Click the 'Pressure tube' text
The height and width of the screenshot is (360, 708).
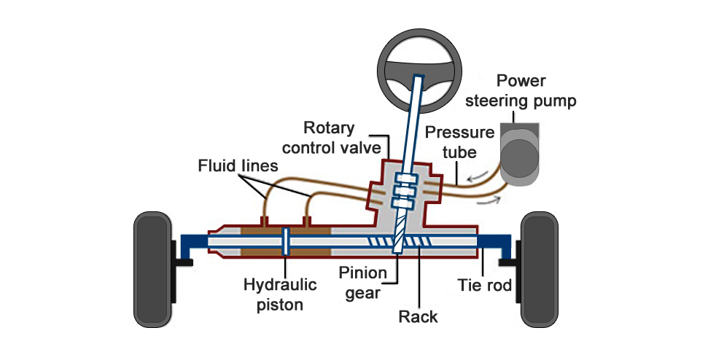click(x=450, y=142)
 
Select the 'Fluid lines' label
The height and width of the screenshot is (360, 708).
click(x=238, y=166)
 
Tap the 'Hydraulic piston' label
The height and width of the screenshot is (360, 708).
click(x=273, y=294)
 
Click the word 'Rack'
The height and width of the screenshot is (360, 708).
click(x=419, y=316)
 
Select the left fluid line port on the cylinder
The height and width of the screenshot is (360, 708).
click(x=264, y=219)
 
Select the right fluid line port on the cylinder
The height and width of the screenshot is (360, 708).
click(x=307, y=219)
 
